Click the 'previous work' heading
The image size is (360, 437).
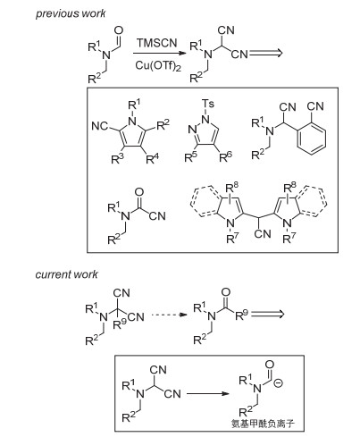pos(71,13)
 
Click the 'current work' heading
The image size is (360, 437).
pos(66,274)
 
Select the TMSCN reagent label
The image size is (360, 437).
pos(157,43)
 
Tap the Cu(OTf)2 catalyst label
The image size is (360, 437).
pos(158,66)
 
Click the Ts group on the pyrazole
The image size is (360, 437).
pos(208,104)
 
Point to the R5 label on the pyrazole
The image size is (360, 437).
pos(191,157)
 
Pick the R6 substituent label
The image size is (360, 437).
pos(225,156)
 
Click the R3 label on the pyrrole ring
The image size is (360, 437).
pos(117,159)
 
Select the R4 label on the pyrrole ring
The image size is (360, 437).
pos(153,158)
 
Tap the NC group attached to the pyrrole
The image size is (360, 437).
pos(100,126)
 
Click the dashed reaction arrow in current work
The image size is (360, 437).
pos(169,315)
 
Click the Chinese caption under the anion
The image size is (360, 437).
pos(263,424)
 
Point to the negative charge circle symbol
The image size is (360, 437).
pos(278,383)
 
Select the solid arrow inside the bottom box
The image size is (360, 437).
pos(208,393)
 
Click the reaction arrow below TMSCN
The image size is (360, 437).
pos(160,54)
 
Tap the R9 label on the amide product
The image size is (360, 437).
pos(241,315)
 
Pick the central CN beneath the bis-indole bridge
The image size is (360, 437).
pos(263,233)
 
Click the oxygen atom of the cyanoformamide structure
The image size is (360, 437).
pos(139,192)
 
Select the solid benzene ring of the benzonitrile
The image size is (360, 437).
pos(312,139)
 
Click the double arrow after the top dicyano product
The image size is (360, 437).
pos(265,54)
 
